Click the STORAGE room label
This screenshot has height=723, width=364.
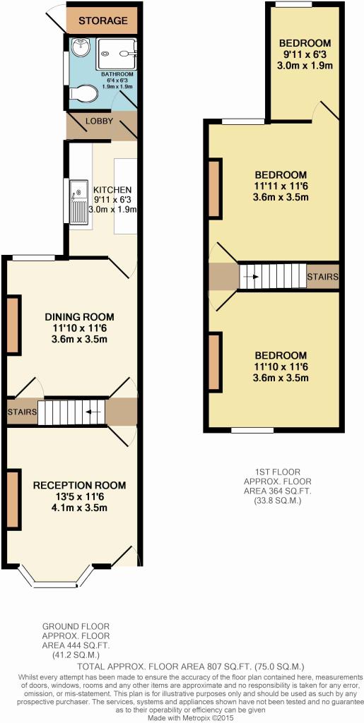point(102,20)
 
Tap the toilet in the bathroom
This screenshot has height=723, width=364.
point(83,94)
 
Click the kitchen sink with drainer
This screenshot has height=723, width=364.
point(78,201)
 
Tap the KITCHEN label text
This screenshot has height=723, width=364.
point(112,189)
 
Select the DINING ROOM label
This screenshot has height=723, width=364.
point(79,317)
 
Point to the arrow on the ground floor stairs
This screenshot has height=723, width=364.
point(94,412)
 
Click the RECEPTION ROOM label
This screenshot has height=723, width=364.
point(79,485)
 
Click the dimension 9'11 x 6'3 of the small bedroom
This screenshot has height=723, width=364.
point(305,54)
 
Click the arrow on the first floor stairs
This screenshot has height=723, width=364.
point(251,277)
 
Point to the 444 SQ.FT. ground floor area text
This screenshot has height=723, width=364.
point(76,646)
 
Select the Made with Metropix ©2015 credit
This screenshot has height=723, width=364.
point(191,718)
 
